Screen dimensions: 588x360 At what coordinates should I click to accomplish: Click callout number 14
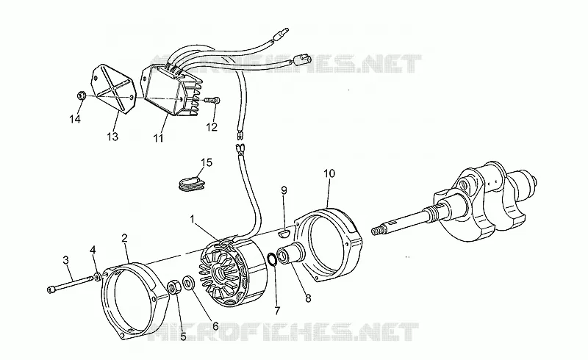tap(75, 119)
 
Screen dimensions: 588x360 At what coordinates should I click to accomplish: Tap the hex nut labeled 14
tap(82, 96)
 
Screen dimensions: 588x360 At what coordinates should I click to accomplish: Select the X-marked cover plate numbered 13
tap(112, 87)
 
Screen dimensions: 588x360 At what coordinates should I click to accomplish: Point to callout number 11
tap(158, 137)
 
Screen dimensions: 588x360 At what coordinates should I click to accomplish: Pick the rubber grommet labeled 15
tap(191, 183)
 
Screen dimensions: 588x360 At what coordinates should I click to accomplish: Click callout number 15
tap(207, 162)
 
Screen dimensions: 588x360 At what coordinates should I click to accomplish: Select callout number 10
tap(329, 173)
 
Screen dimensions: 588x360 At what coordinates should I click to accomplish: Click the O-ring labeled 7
tap(272, 259)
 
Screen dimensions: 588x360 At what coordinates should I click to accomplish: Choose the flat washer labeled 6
tap(188, 282)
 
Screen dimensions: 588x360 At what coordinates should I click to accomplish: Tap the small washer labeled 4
tap(98, 278)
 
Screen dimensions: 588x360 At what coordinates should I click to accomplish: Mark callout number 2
tap(124, 238)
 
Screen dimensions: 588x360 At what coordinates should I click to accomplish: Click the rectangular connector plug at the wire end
tap(302, 60)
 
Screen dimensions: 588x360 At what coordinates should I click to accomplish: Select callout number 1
tap(193, 219)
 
